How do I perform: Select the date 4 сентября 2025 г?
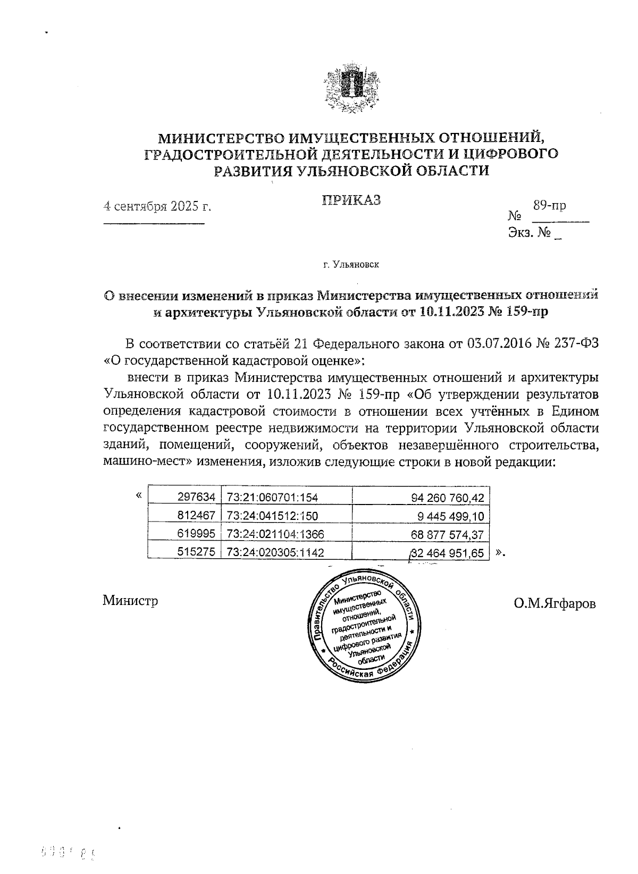(157, 206)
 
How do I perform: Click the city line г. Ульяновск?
(351, 264)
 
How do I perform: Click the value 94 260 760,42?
(448, 498)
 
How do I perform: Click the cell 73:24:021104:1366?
(275, 534)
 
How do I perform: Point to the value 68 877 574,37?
(448, 534)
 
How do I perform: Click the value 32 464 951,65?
(448, 553)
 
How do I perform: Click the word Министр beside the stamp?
(130, 601)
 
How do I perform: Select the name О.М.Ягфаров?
(555, 603)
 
